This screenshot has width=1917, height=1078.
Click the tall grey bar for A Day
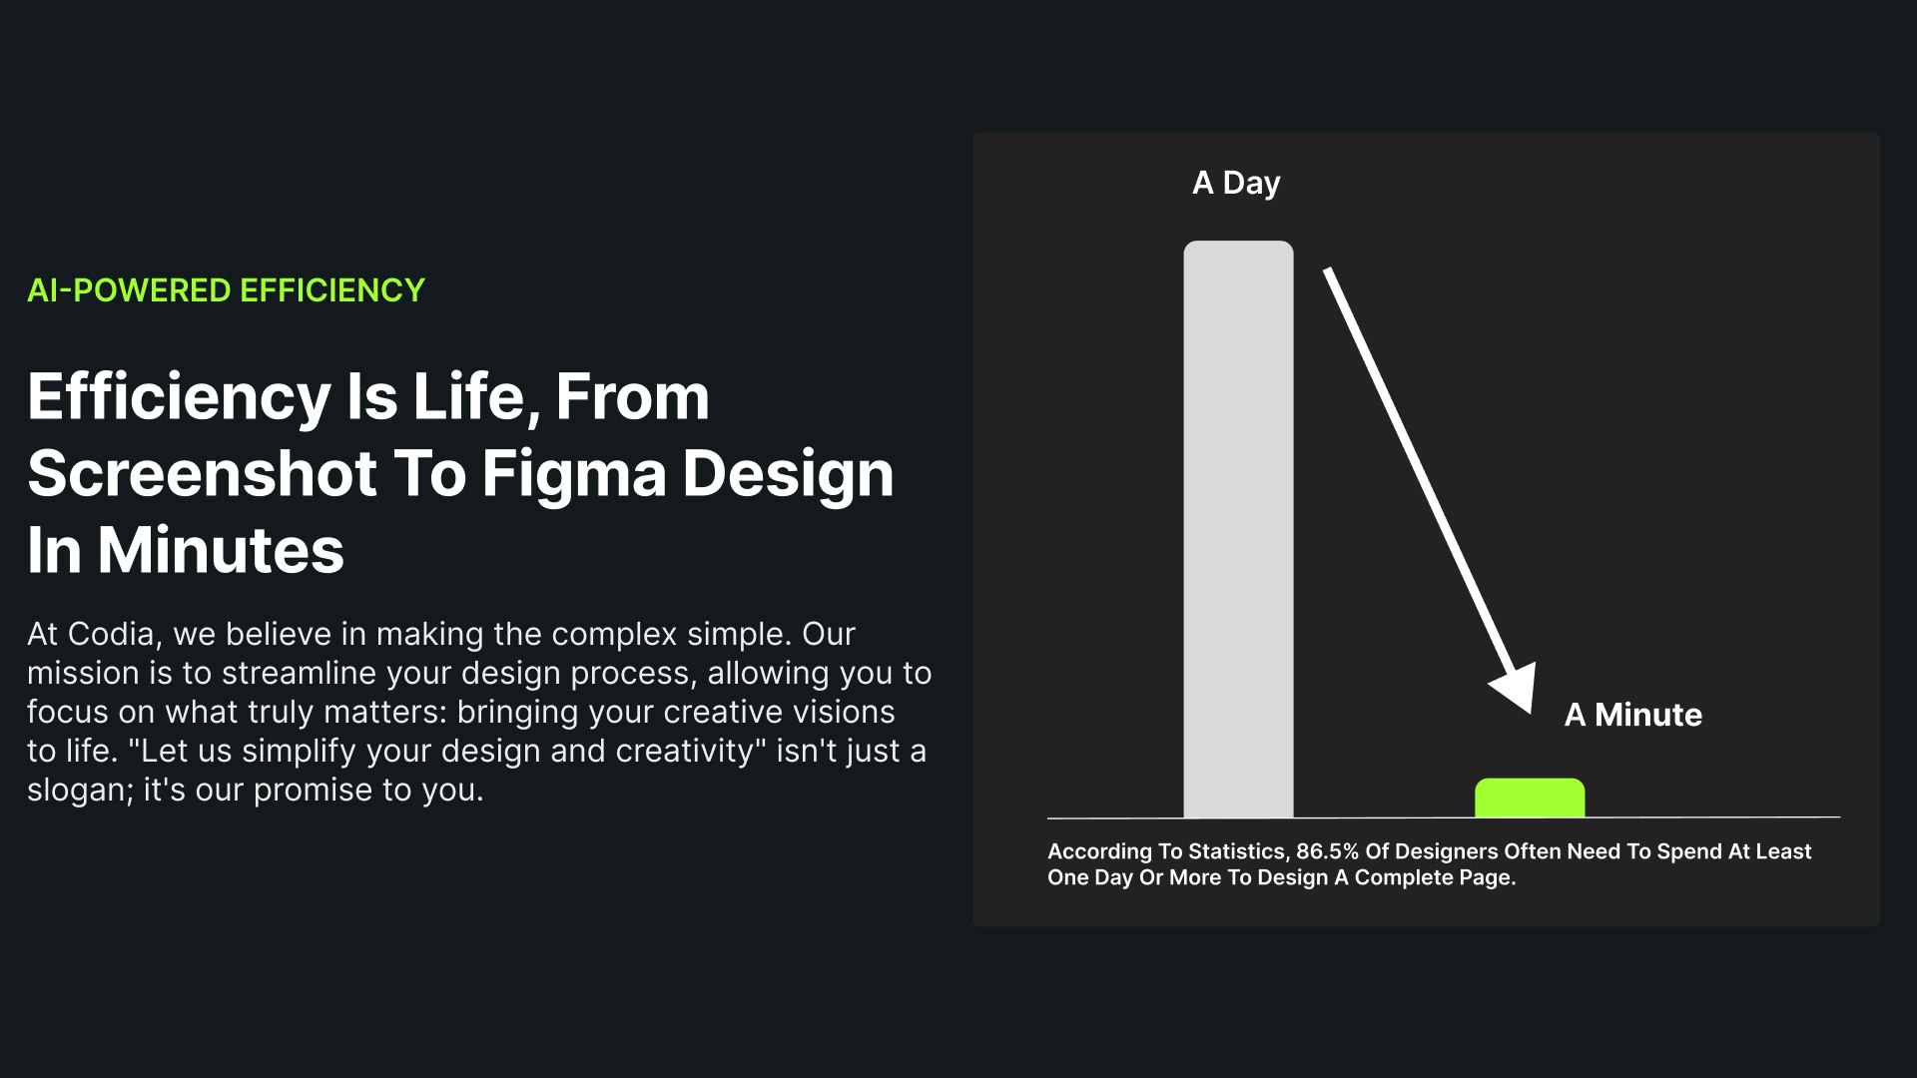coord(1238,529)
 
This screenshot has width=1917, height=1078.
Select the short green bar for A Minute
coord(1530,798)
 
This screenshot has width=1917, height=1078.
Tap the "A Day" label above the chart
coord(1236,183)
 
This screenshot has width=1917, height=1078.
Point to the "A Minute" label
coord(1633,715)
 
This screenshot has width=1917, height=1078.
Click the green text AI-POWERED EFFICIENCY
coord(226,290)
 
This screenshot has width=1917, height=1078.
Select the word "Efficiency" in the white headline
coord(179,397)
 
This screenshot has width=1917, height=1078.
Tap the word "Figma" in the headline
coord(574,474)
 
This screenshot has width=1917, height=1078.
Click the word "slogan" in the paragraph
coord(81,791)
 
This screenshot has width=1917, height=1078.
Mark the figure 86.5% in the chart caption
coord(1327,851)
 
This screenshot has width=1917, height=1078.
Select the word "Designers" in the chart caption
coord(1445,852)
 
